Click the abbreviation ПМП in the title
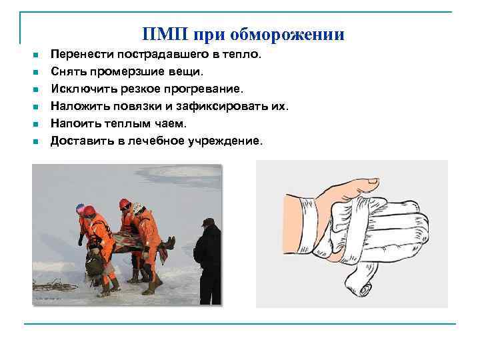pyautogui.click(x=161, y=34)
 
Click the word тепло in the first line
pyautogui.click(x=243, y=54)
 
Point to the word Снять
pyautogui.click(x=67, y=71)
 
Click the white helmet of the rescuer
pyautogui.click(x=139, y=208)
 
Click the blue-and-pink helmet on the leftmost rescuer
pyautogui.click(x=81, y=209)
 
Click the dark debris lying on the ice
pyautogui.click(x=53, y=285)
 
